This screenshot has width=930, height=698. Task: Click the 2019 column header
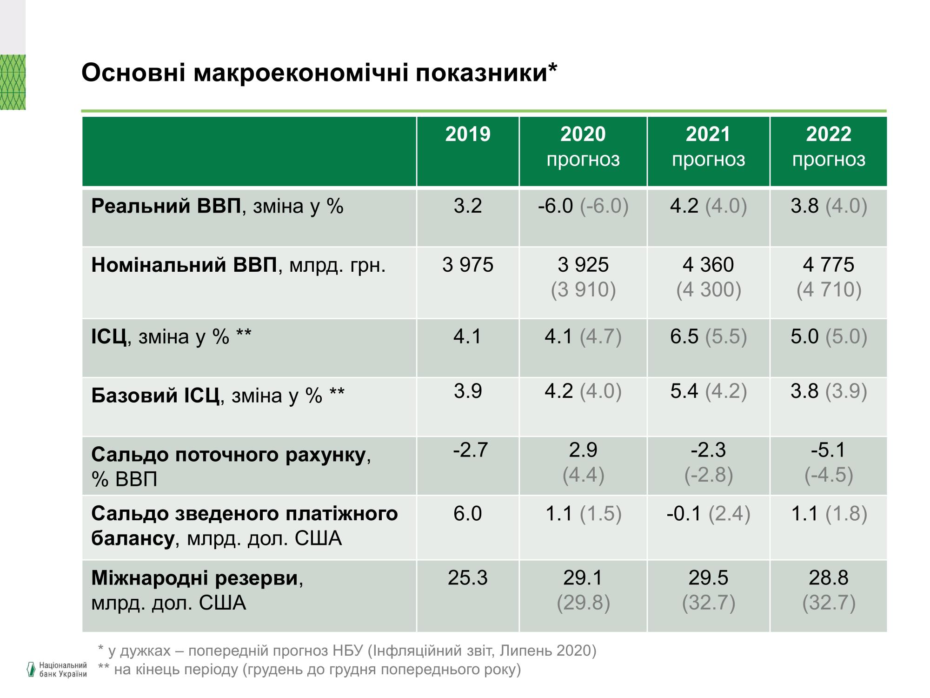pos(468,135)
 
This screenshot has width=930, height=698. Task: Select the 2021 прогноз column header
pos(708,147)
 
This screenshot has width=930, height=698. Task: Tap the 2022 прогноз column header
pos(829,147)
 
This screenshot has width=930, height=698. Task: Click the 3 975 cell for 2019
pos(468,265)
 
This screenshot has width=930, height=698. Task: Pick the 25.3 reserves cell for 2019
pos(468,578)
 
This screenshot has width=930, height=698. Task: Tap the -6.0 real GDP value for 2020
pos(555,206)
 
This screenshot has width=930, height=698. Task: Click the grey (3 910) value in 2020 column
pos(583,290)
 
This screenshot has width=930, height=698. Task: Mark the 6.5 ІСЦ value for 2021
pos(684,336)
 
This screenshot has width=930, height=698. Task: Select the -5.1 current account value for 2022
pos(829,450)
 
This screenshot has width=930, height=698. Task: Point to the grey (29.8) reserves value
pos(583,603)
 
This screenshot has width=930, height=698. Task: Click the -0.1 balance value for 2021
pos(684,514)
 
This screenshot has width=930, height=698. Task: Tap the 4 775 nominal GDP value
pos(829,265)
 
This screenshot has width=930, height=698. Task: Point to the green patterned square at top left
pos(13,82)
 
